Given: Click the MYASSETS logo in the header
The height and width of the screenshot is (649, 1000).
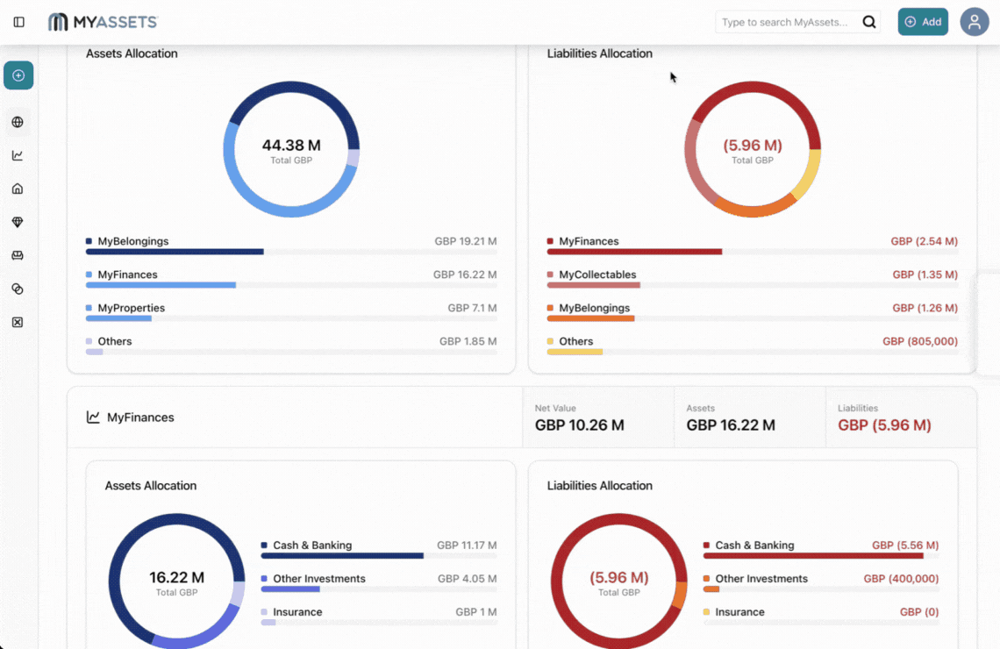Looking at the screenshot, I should [103, 22].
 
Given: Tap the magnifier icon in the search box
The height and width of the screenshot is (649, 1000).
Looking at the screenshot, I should [868, 22].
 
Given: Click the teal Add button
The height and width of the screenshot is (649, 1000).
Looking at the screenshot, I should [922, 22].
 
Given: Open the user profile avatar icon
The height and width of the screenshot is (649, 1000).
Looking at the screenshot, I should [974, 22].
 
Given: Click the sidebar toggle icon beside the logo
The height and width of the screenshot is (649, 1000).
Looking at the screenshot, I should [19, 22].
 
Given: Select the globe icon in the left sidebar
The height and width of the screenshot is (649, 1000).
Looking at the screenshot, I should [18, 122].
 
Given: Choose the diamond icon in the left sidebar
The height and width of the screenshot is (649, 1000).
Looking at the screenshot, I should [18, 223].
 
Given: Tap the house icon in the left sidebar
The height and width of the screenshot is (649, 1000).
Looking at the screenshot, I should [18, 189].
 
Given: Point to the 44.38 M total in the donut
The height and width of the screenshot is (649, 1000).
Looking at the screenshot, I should [291, 146].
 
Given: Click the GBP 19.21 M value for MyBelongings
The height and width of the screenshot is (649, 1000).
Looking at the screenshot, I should [465, 241].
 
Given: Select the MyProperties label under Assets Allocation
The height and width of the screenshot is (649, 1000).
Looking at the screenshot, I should [131, 308].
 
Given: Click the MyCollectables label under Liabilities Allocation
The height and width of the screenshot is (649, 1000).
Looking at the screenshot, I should [597, 275].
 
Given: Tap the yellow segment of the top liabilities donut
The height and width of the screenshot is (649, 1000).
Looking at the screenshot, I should [807, 174].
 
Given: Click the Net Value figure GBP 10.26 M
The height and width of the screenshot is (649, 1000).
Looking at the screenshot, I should [579, 425].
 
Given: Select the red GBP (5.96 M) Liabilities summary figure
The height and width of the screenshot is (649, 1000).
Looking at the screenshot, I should [884, 425].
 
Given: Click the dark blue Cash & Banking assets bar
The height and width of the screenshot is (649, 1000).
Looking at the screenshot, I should [342, 555].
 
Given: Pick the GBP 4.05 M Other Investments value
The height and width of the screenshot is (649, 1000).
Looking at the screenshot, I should [467, 579].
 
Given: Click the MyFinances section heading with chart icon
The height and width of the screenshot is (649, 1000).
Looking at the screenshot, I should [140, 417].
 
